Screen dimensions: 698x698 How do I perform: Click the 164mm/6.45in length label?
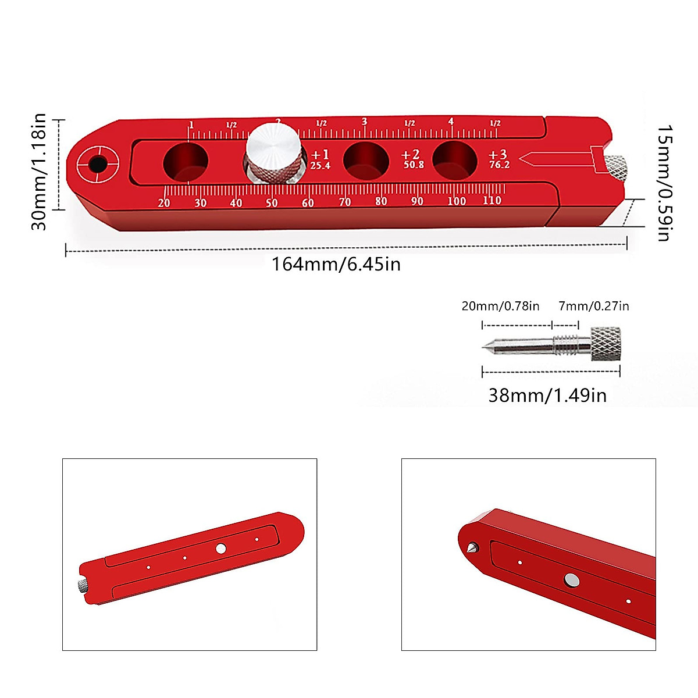coord(336,265)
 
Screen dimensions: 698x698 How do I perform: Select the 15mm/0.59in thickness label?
coord(664,183)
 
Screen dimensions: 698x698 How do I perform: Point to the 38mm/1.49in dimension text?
coord(547,396)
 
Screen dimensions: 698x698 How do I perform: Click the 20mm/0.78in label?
coord(500,306)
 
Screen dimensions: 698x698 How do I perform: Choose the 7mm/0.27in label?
coord(593,306)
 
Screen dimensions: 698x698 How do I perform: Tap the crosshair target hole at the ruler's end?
coord(97,165)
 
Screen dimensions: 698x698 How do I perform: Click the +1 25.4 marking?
coord(320,159)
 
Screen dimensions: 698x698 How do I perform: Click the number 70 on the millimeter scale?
coord(345,202)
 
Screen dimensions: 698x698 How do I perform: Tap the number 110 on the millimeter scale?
coord(492,201)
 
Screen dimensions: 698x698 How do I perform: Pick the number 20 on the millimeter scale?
coord(164,203)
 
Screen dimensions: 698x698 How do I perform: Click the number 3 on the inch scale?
coord(365,122)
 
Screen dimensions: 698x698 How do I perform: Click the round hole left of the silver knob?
coord(186,161)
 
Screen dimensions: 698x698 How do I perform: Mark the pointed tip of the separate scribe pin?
coord(484,347)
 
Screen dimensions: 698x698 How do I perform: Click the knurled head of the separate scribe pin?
coord(606,344)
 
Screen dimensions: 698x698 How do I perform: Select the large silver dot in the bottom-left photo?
coord(220,548)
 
